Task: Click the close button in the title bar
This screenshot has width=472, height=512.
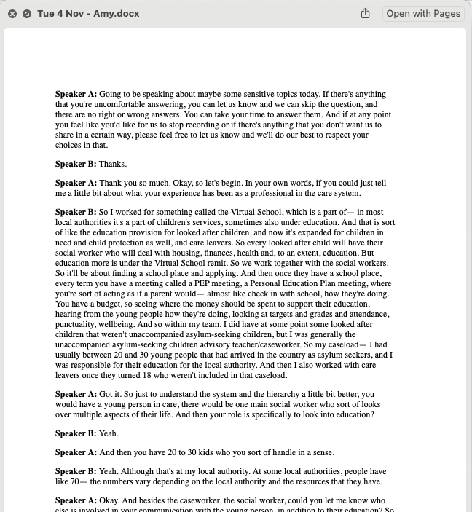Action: pos(12,14)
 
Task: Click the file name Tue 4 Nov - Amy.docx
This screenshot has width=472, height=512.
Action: pos(88,14)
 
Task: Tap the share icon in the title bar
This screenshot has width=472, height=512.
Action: pos(366,14)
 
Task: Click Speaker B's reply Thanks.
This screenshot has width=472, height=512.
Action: pos(113,165)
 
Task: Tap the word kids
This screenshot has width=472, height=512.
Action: pos(207,452)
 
